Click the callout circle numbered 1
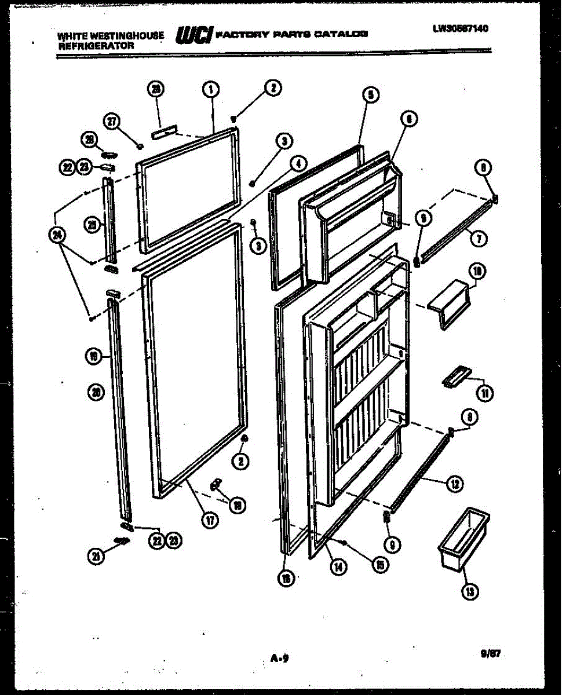click(210, 89)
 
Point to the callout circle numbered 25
click(92, 226)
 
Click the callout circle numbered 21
click(96, 557)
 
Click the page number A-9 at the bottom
click(280, 657)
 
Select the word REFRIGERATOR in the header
click(96, 46)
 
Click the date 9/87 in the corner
click(490, 654)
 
